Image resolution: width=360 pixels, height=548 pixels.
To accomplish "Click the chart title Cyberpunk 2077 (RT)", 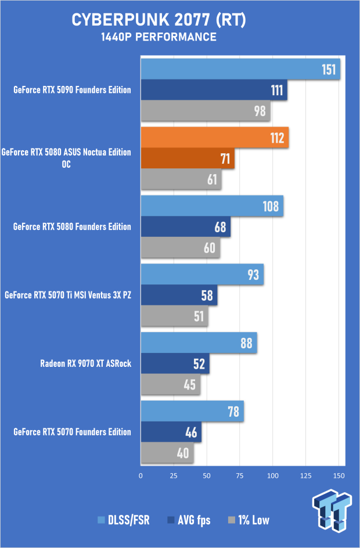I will coord(159,20).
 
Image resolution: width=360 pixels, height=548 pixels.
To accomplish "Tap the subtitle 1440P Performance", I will coord(159,37).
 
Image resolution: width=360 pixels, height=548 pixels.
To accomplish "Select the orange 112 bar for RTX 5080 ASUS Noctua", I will coord(214,138).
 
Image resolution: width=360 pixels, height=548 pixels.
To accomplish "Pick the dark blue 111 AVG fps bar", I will coord(214,90).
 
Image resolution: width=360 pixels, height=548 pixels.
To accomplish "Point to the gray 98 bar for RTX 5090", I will coord(205,110).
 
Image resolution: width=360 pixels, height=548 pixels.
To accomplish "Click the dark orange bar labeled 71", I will coord(187,158).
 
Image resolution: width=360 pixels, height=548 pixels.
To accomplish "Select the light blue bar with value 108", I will coord(211,206).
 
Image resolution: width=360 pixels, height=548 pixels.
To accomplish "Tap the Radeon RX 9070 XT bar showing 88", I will coord(199,343).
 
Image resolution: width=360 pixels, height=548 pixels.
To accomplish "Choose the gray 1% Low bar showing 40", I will coord(167,453).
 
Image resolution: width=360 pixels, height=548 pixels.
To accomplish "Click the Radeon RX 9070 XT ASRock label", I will coord(85,364).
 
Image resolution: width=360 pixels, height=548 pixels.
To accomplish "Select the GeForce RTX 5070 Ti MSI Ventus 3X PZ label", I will coord(67,295).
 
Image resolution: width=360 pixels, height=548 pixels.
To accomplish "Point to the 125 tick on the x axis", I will coord(304,475).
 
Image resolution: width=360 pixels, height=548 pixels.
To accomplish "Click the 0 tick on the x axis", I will coord(141,475).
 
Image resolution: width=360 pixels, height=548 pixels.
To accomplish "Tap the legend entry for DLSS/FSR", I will coord(124,520).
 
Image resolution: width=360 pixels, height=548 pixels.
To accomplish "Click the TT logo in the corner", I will coord(332,510).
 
